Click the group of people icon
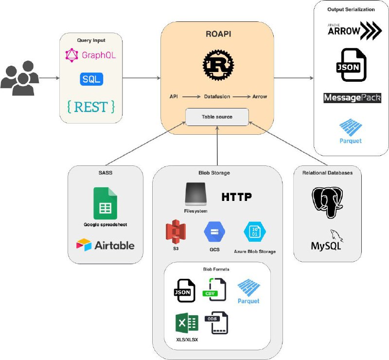[20, 77]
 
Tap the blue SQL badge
[91, 79]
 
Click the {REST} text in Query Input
[91, 106]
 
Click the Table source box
[217, 117]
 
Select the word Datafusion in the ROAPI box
[217, 96]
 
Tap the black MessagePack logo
[352, 98]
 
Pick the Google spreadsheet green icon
[105, 203]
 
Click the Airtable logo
[105, 245]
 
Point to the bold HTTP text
[237, 197]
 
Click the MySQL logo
[327, 240]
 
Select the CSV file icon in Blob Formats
[214, 288]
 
